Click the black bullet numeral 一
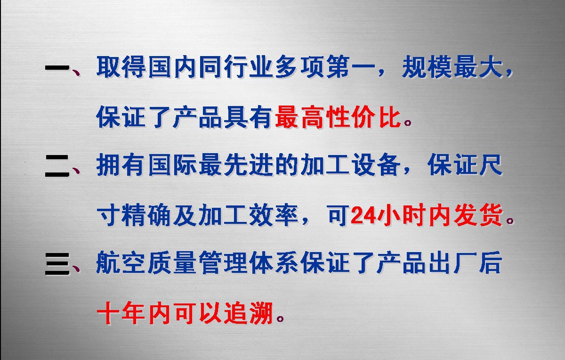point(57,69)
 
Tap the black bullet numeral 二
point(57,167)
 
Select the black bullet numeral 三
point(57,264)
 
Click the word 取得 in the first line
point(121,69)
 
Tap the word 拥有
point(121,167)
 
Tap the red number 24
point(362,216)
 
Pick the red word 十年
point(121,313)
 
